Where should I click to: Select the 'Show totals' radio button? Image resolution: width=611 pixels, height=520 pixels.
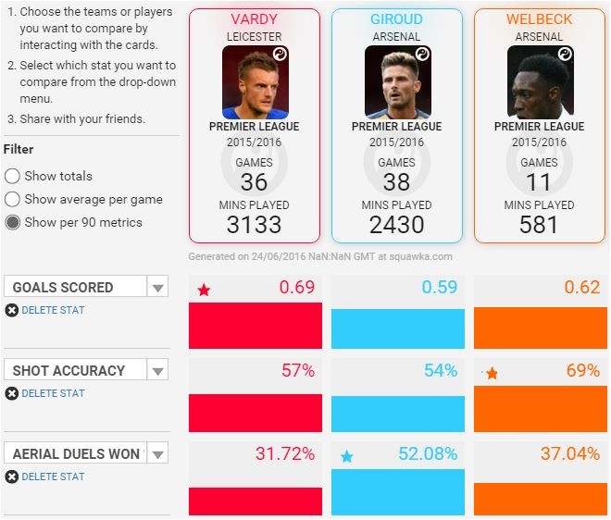13,176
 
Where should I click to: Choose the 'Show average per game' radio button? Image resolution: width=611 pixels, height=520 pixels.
13,199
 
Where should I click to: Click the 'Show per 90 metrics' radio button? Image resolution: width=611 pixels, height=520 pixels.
13,222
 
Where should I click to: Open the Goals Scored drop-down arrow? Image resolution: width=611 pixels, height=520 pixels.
158,288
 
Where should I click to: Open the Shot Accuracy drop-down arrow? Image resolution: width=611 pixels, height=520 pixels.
158,371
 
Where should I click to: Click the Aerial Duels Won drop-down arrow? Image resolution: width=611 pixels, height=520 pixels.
158,454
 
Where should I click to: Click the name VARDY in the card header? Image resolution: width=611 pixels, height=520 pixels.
254,19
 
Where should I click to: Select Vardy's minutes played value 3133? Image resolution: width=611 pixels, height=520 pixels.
255,224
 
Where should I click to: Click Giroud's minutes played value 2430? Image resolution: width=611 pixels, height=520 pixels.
396,224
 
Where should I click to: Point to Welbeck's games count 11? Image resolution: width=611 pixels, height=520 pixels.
539,181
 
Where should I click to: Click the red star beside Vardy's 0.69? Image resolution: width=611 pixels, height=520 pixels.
204,291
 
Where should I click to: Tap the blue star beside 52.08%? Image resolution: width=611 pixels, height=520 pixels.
346,456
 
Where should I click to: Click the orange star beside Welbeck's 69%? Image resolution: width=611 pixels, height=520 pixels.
492,374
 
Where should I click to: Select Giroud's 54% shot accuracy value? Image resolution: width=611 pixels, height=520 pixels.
440,371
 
